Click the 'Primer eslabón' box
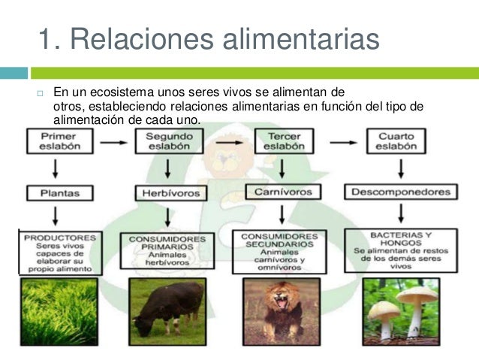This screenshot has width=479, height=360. tap(58, 141)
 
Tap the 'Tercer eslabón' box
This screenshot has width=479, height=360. tap(280, 141)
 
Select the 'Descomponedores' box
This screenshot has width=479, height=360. tap(400, 192)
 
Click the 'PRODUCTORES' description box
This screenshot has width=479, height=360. tap(58, 252)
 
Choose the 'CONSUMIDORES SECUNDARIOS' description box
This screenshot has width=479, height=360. tap(281, 252)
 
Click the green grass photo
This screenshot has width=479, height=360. tap(58, 310)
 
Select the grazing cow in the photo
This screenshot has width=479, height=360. tap(167, 304)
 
